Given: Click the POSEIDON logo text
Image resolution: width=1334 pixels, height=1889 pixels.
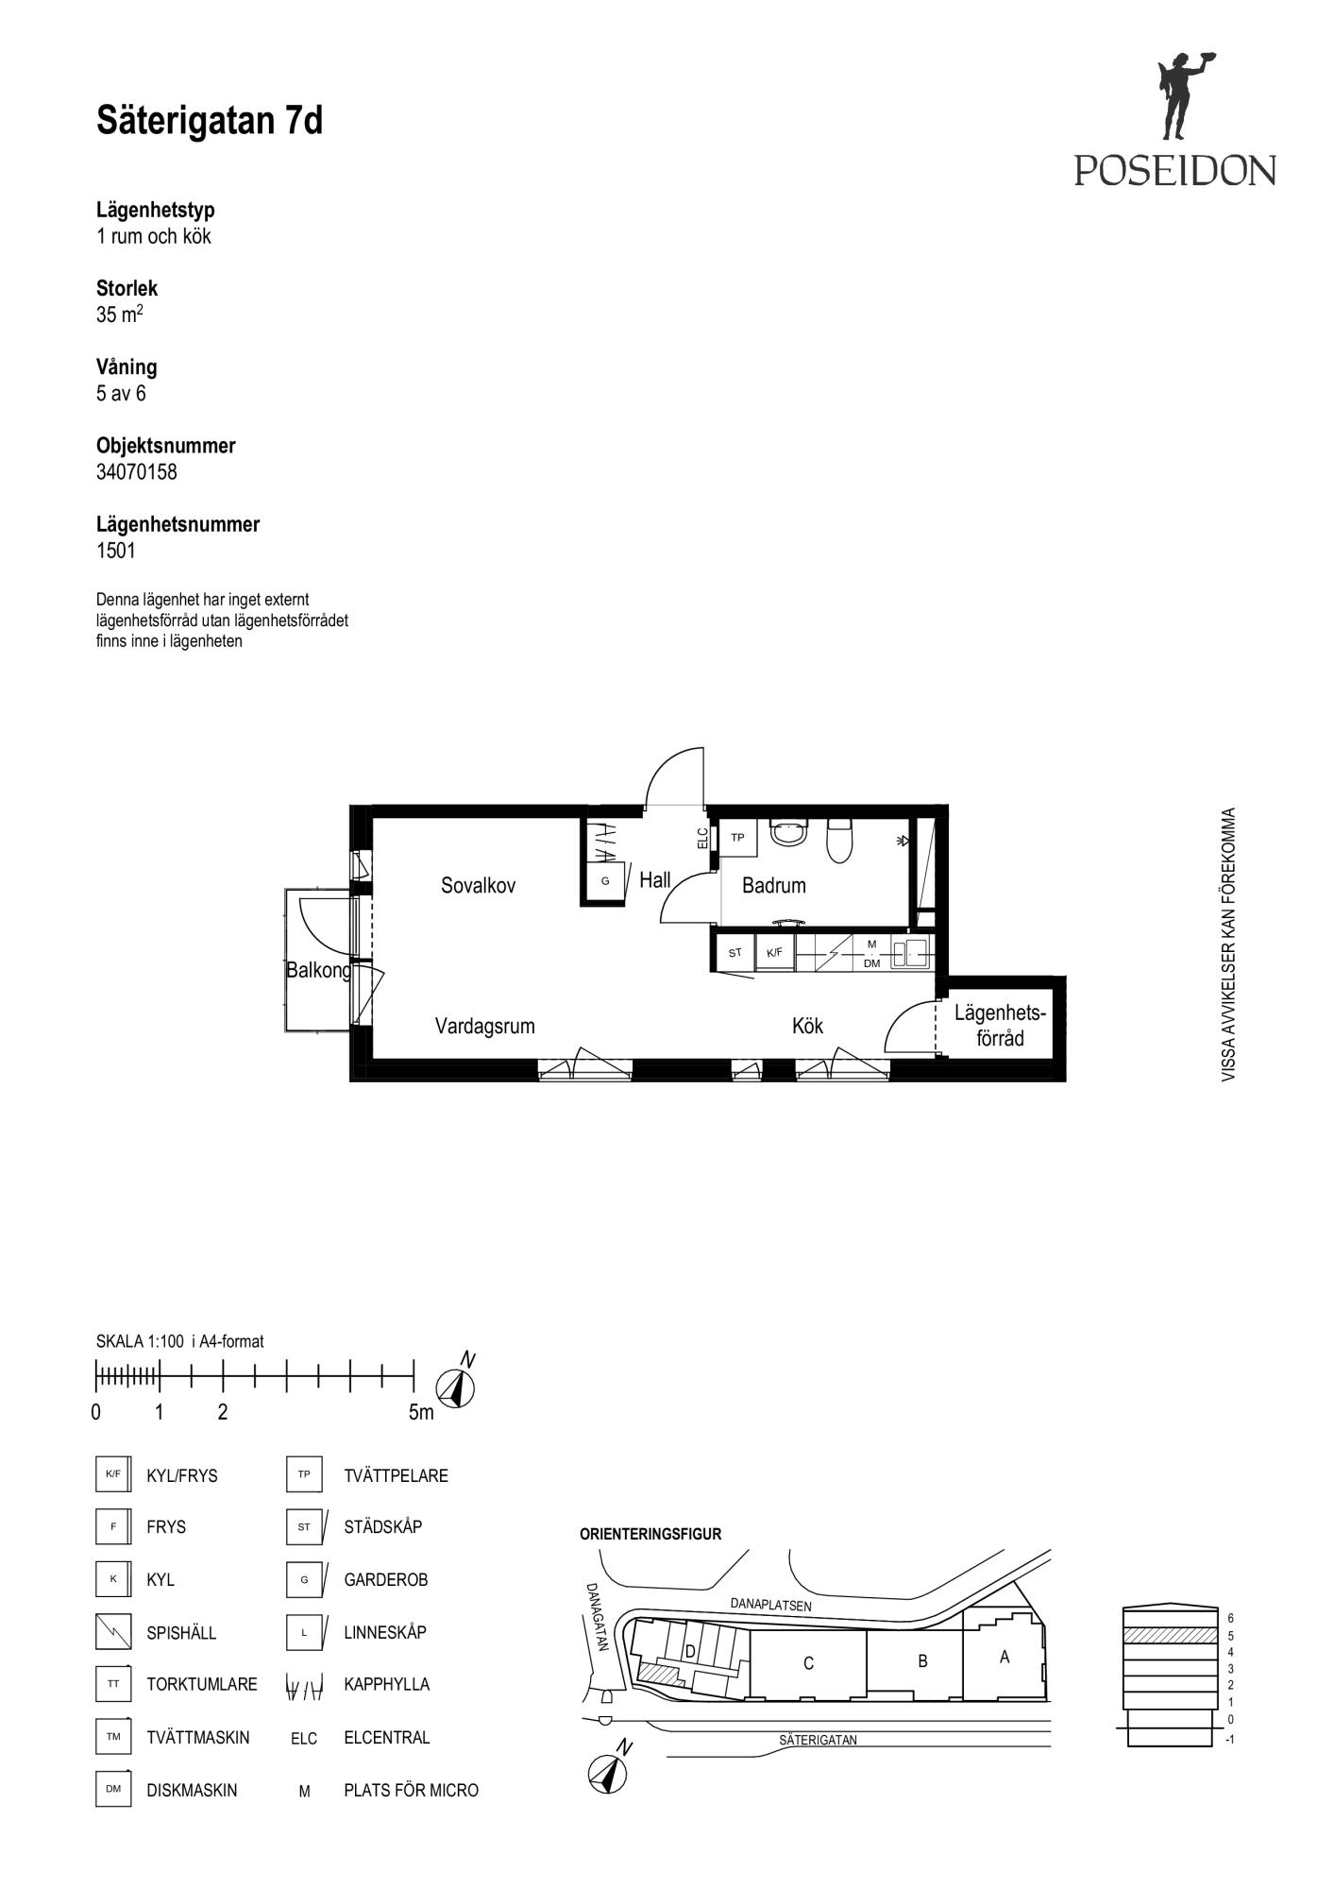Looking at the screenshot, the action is click(1174, 170).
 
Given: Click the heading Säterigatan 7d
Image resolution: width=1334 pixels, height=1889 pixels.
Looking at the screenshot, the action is click(210, 121).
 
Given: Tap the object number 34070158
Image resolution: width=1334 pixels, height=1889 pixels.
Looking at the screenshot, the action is click(137, 472).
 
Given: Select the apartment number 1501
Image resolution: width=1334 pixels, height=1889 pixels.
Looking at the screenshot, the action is click(116, 551).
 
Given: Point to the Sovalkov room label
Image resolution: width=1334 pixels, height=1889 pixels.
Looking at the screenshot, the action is click(479, 886).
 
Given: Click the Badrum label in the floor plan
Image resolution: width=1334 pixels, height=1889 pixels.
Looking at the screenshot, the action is click(774, 886).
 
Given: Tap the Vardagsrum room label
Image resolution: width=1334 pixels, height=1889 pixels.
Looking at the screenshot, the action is click(485, 1026).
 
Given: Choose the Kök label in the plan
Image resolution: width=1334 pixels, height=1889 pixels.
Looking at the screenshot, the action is click(808, 1026).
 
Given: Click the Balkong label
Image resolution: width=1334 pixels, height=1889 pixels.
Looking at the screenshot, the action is click(319, 970).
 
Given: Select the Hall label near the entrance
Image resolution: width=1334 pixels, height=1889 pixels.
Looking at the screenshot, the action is click(655, 880).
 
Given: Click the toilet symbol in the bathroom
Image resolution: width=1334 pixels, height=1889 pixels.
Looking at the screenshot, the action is click(839, 841).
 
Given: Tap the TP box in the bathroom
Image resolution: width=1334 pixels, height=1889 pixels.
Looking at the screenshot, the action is click(738, 838).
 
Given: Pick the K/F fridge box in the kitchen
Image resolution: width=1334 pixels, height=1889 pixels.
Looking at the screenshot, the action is click(775, 952).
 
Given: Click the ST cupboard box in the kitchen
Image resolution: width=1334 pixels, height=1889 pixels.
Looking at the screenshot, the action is click(735, 952).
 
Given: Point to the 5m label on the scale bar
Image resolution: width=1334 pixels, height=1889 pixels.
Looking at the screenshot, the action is click(421, 1413).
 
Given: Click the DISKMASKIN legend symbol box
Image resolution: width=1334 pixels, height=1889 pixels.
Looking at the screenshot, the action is click(113, 1789).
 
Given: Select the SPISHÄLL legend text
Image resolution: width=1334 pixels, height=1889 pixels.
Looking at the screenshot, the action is click(181, 1632).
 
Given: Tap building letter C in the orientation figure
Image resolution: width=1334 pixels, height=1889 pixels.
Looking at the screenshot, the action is click(808, 1663).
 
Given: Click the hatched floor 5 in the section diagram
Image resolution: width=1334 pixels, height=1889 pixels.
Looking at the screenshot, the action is click(1169, 1635).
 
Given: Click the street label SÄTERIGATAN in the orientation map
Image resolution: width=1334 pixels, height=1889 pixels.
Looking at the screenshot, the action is click(819, 1740).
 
